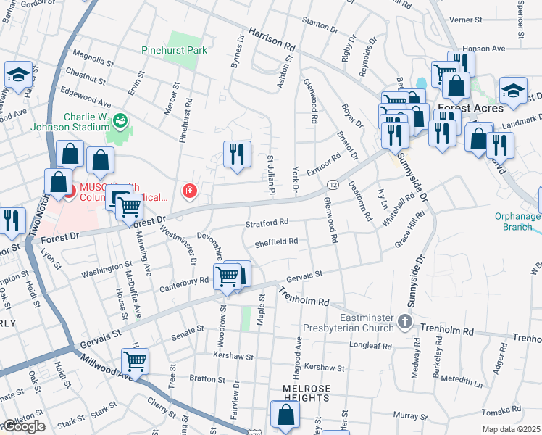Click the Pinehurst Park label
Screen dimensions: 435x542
(x=174, y=50)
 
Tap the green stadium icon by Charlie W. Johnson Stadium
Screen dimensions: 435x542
(x=120, y=120)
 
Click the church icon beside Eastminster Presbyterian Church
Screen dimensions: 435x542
(x=405, y=320)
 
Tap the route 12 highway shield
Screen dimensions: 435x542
(x=332, y=185)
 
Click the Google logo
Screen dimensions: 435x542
(x=23, y=426)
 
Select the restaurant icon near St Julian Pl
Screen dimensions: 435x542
(x=237, y=154)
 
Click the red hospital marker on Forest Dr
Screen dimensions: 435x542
(x=190, y=191)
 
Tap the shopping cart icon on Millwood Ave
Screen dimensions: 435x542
(x=135, y=360)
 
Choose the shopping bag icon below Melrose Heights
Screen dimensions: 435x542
(x=285, y=415)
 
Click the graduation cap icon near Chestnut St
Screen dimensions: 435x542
(x=17, y=75)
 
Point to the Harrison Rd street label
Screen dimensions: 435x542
(x=272, y=39)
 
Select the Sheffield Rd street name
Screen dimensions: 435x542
(x=276, y=241)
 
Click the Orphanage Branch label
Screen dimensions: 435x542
(x=517, y=221)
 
